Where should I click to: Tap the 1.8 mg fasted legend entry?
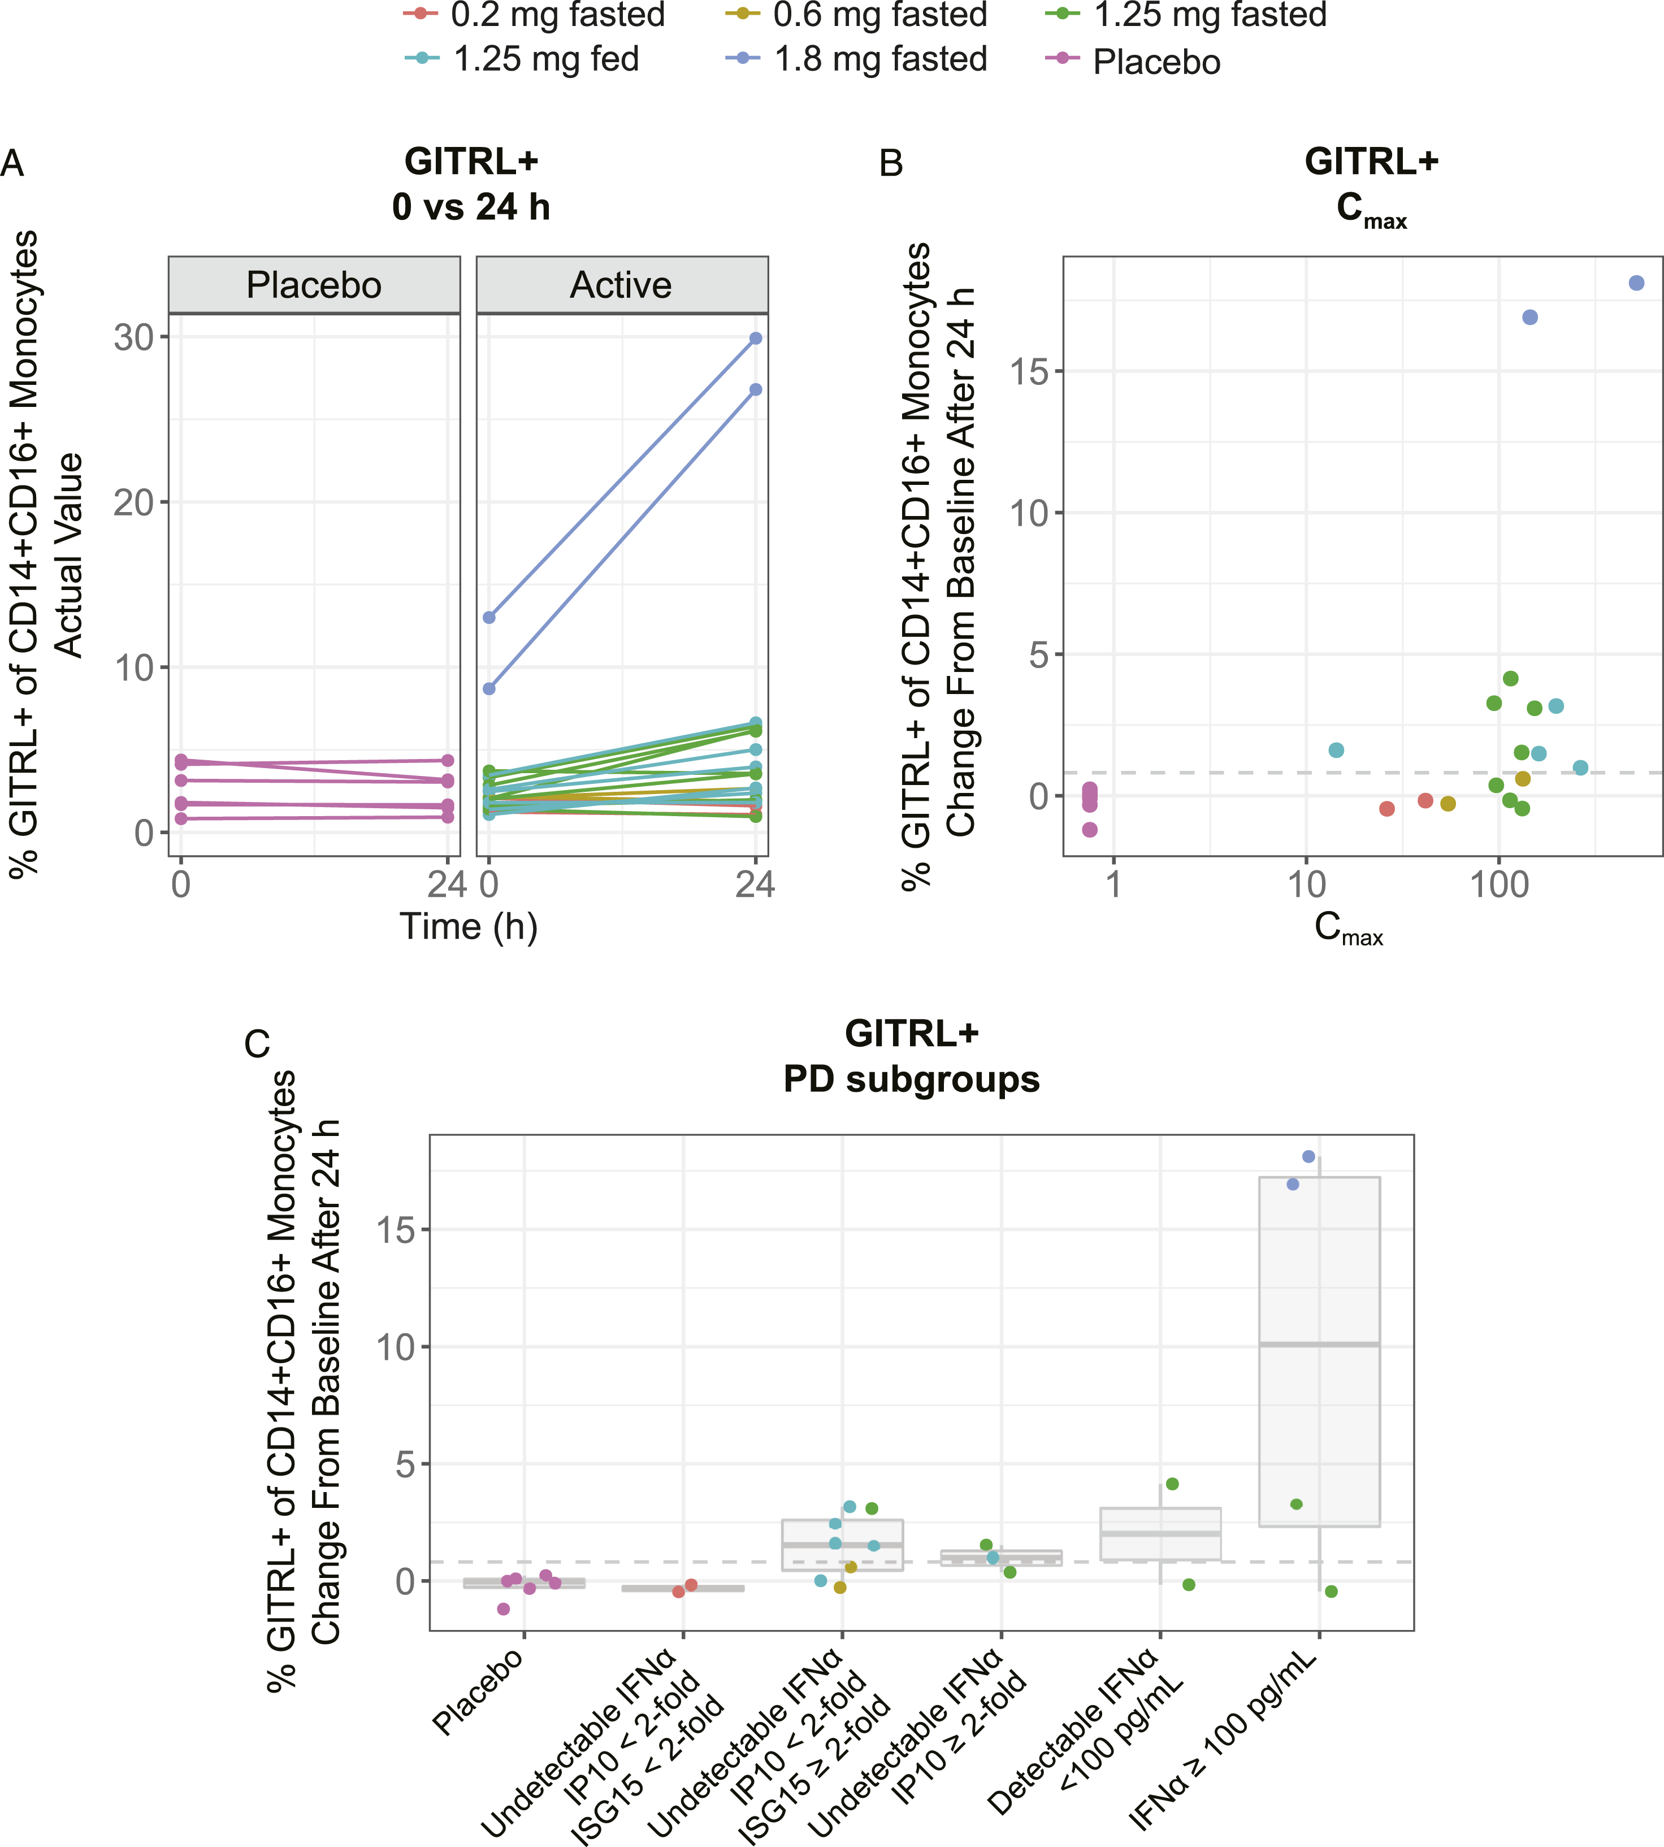point(857,59)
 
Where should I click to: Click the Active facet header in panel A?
point(622,285)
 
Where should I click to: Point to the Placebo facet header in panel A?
point(314,285)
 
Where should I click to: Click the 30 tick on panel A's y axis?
point(133,337)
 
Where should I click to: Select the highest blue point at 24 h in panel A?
point(755,339)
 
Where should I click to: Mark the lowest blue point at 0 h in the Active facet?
point(489,688)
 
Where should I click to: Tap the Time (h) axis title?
point(468,927)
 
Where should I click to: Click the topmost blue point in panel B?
point(1636,284)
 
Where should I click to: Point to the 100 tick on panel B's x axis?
point(1500,884)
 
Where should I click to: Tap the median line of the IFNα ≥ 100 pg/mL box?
point(1319,1344)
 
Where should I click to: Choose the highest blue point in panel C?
point(1308,1157)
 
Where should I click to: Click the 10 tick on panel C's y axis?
point(395,1347)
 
